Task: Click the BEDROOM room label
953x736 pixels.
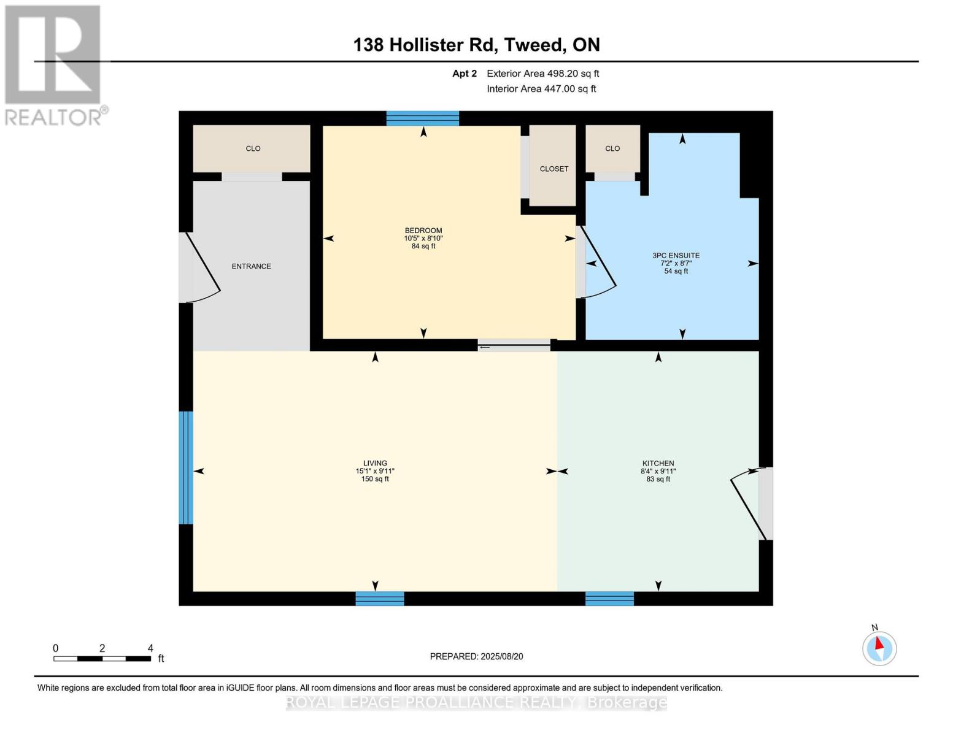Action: pyautogui.click(x=423, y=231)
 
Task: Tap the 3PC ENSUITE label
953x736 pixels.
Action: pyautogui.click(x=676, y=256)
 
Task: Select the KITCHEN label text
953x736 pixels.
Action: pyautogui.click(x=658, y=464)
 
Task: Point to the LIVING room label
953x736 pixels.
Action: pyautogui.click(x=375, y=464)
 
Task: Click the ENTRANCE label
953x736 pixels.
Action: pyautogui.click(x=251, y=266)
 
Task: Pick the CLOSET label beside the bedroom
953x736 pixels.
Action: pyautogui.click(x=554, y=169)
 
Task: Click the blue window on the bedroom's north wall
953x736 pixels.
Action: pyautogui.click(x=422, y=118)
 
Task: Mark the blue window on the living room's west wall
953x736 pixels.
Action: pyautogui.click(x=186, y=467)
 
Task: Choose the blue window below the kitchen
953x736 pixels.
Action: pyautogui.click(x=609, y=599)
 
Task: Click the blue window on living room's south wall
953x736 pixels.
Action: pyautogui.click(x=380, y=599)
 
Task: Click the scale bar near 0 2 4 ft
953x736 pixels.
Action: pyautogui.click(x=102, y=659)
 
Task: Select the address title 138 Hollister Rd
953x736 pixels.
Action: pyautogui.click(x=476, y=45)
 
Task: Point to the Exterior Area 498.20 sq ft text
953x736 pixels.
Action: pyautogui.click(x=542, y=74)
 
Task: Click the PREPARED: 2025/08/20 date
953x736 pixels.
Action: pyautogui.click(x=476, y=656)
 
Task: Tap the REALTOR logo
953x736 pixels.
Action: pyautogui.click(x=54, y=64)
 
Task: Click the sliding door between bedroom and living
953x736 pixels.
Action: pyautogui.click(x=514, y=346)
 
